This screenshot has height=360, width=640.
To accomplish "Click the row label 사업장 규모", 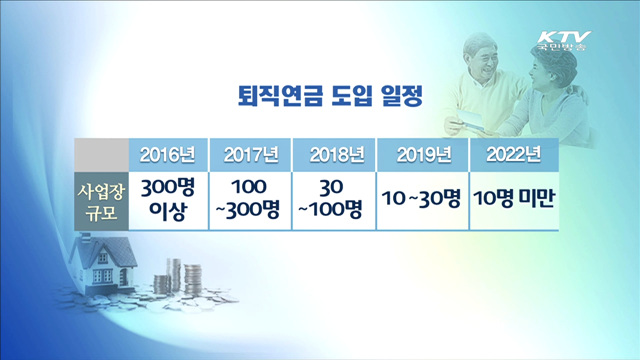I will [103, 198].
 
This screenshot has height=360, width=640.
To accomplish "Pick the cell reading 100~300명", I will [251, 198].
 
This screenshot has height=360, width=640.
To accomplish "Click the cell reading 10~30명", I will [420, 198].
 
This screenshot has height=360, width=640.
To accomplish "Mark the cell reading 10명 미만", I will [512, 198].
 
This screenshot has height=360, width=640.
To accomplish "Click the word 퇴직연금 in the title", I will [262, 96].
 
